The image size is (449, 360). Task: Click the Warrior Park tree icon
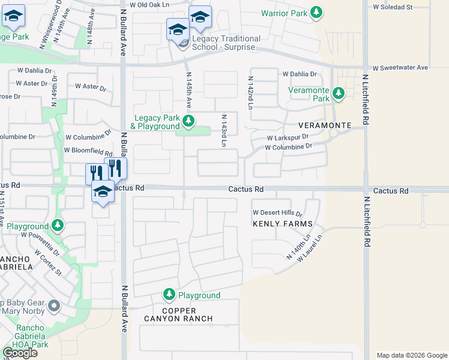tap(317, 13)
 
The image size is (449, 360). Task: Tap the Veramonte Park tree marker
tap(339, 94)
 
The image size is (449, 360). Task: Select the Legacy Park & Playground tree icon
tap(188, 121)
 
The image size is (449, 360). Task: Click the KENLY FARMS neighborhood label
tap(283, 224)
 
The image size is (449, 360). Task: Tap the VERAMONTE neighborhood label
tap(325, 125)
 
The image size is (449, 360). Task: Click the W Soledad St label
tap(393, 7)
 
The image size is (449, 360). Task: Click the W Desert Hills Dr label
tap(277, 213)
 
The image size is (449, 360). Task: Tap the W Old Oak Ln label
tap(150, 5)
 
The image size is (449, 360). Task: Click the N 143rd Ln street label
tap(223, 130)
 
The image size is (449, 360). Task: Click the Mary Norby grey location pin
tap(53, 307)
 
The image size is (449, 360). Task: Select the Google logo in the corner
tap(20, 353)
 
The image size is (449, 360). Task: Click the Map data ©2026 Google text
tap(411, 355)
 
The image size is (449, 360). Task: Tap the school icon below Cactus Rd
tap(103, 192)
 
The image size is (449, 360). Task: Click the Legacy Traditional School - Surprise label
tap(226, 43)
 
